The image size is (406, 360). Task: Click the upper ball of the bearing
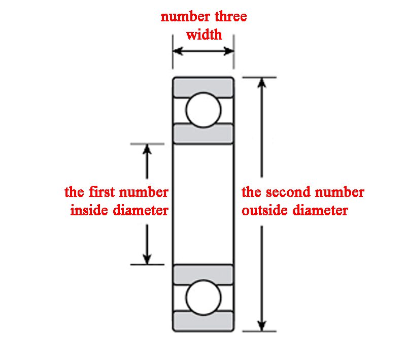click(203, 110)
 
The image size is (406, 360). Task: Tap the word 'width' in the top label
click(204, 35)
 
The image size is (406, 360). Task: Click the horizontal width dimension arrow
click(204, 51)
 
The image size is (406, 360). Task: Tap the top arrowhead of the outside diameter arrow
click(262, 83)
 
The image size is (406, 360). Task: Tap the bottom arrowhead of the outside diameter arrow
click(262, 325)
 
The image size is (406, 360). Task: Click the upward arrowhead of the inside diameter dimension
click(147, 149)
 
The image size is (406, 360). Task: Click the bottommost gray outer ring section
click(203, 321)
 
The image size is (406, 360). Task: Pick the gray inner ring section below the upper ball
click(203, 134)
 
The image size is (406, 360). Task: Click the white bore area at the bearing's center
click(203, 203)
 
